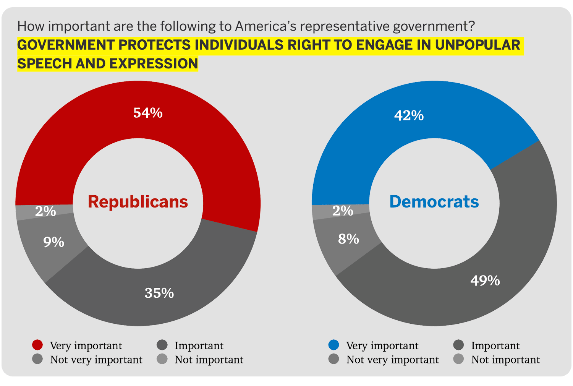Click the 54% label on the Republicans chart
point(148,113)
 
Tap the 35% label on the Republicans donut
point(159,293)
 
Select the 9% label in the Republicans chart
point(53,242)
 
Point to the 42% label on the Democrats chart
point(409,115)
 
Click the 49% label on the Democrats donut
point(485,281)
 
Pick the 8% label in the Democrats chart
point(348,239)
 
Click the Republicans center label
point(138,202)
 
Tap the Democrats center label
point(434,202)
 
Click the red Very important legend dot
point(37,345)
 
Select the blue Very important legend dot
point(334,345)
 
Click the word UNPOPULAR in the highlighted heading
point(477,45)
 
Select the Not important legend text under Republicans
point(209,360)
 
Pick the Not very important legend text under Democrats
point(393,360)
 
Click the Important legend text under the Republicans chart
point(199,345)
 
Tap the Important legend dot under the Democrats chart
point(458,345)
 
